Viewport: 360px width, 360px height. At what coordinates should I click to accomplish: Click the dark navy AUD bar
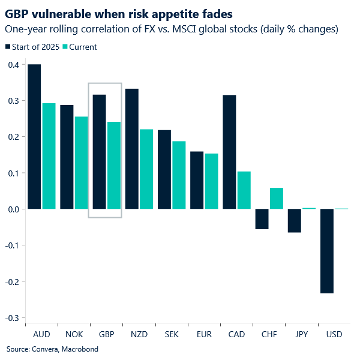[x=34, y=137]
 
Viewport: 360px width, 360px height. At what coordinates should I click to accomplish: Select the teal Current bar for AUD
[x=49, y=156]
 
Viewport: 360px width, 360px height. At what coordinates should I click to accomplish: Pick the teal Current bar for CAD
[x=243, y=190]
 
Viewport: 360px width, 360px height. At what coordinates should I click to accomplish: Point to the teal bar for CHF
[x=276, y=199]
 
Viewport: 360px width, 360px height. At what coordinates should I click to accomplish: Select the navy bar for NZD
[x=131, y=149]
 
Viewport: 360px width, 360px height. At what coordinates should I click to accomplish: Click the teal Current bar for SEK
[x=179, y=175]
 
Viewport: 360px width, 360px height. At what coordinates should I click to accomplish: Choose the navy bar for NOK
[x=67, y=157]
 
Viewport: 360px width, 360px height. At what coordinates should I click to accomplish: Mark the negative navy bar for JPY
[x=294, y=220]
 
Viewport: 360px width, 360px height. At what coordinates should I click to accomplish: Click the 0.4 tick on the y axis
[x=13, y=65]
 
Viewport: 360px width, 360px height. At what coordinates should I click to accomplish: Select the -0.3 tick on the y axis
[x=12, y=317]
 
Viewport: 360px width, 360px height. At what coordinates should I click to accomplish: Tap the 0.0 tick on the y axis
[x=13, y=209]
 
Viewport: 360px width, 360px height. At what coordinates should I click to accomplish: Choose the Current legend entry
[x=83, y=47]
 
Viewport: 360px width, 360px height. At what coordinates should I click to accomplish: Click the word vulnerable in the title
[x=55, y=12]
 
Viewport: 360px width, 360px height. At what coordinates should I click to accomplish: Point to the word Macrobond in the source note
[x=79, y=349]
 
